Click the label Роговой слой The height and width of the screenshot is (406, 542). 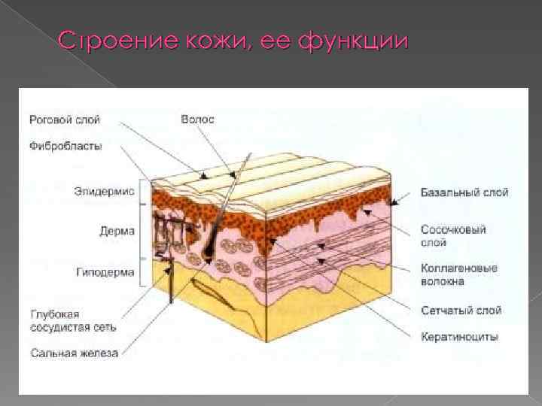(x=64, y=120)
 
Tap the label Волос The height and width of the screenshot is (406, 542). (x=197, y=120)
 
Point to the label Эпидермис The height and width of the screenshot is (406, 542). (x=104, y=191)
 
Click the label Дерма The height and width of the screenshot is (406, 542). (x=117, y=231)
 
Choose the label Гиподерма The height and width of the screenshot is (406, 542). (x=105, y=271)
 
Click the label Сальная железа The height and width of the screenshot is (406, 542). (x=74, y=353)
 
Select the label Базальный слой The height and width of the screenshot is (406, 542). (x=464, y=192)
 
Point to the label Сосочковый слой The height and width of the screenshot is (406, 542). (x=452, y=235)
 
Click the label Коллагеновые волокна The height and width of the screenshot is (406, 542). (x=458, y=274)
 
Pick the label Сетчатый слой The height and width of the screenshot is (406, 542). (x=460, y=310)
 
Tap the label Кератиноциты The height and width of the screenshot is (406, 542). (x=458, y=337)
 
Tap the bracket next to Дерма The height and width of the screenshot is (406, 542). (x=141, y=232)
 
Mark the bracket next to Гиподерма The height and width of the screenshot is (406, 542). (x=141, y=271)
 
